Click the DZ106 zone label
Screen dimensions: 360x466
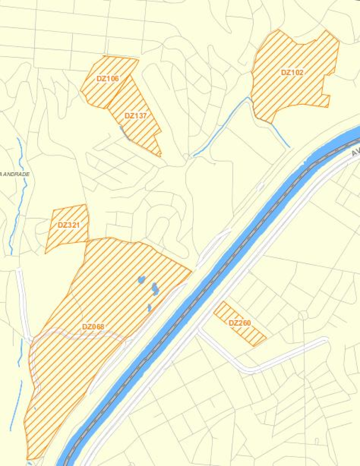click(x=108, y=79)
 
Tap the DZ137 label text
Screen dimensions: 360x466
click(x=135, y=116)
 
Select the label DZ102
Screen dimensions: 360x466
click(x=292, y=72)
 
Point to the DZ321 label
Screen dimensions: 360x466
click(x=68, y=225)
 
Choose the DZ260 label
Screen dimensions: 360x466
click(x=240, y=323)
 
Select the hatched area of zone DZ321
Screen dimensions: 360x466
click(x=63, y=236)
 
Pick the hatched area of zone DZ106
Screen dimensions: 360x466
click(x=97, y=92)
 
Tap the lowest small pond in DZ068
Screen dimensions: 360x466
click(x=149, y=308)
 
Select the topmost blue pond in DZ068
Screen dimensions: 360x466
click(x=141, y=280)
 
